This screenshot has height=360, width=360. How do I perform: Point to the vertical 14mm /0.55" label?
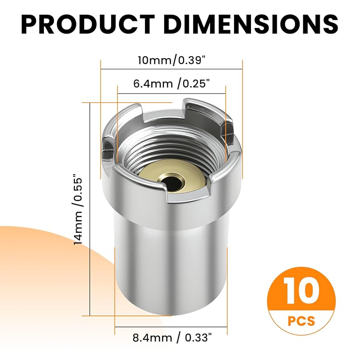79,210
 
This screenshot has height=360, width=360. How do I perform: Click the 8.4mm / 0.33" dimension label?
171,337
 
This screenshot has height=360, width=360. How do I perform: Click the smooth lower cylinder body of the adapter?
171,258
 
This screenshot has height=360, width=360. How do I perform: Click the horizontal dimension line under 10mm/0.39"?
171,69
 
